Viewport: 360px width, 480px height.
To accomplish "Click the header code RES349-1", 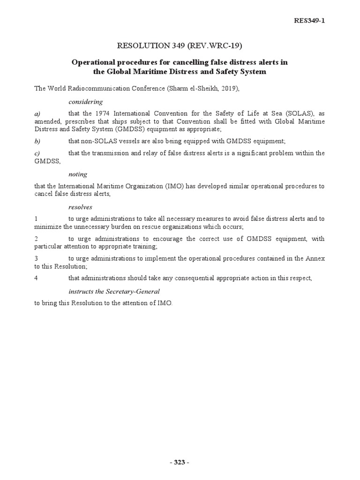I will click(x=308, y=20).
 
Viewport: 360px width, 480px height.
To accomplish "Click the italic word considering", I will click(x=85, y=101).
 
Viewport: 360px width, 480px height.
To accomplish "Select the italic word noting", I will click(x=78, y=174).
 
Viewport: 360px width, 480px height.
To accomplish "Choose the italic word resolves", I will click(x=80, y=207).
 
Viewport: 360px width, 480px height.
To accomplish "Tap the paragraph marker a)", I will click(x=37, y=114).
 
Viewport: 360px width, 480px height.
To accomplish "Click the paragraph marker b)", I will click(x=37, y=141).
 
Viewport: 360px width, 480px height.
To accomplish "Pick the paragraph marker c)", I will click(x=37, y=153).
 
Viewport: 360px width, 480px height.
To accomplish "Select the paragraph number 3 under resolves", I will click(x=36, y=258).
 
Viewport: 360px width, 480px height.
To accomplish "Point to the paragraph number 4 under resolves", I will click(x=36, y=278).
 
